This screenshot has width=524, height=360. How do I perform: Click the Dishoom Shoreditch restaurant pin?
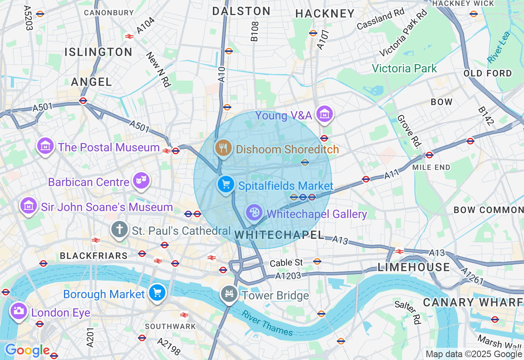point(223,148)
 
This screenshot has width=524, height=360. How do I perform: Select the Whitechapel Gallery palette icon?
point(254,212)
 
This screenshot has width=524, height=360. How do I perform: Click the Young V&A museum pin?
point(325,114)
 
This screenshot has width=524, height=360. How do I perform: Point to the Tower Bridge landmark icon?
point(229,294)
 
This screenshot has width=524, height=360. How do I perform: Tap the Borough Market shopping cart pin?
point(157,293)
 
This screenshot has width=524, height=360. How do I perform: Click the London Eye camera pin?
point(18,311)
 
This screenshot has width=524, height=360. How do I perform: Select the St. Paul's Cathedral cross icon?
point(120,229)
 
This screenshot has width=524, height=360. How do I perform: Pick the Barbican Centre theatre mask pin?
point(141,180)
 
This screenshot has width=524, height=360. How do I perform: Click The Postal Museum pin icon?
point(45,146)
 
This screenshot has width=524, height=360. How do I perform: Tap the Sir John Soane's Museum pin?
point(28,205)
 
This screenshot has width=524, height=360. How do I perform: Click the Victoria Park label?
point(404,68)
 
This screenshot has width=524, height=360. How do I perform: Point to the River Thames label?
point(267,323)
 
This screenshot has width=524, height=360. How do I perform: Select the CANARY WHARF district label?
point(473,302)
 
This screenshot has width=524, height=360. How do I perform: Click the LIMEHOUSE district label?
point(413,268)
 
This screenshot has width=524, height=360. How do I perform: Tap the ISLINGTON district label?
point(98,52)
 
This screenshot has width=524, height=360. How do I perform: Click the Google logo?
point(27,351)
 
